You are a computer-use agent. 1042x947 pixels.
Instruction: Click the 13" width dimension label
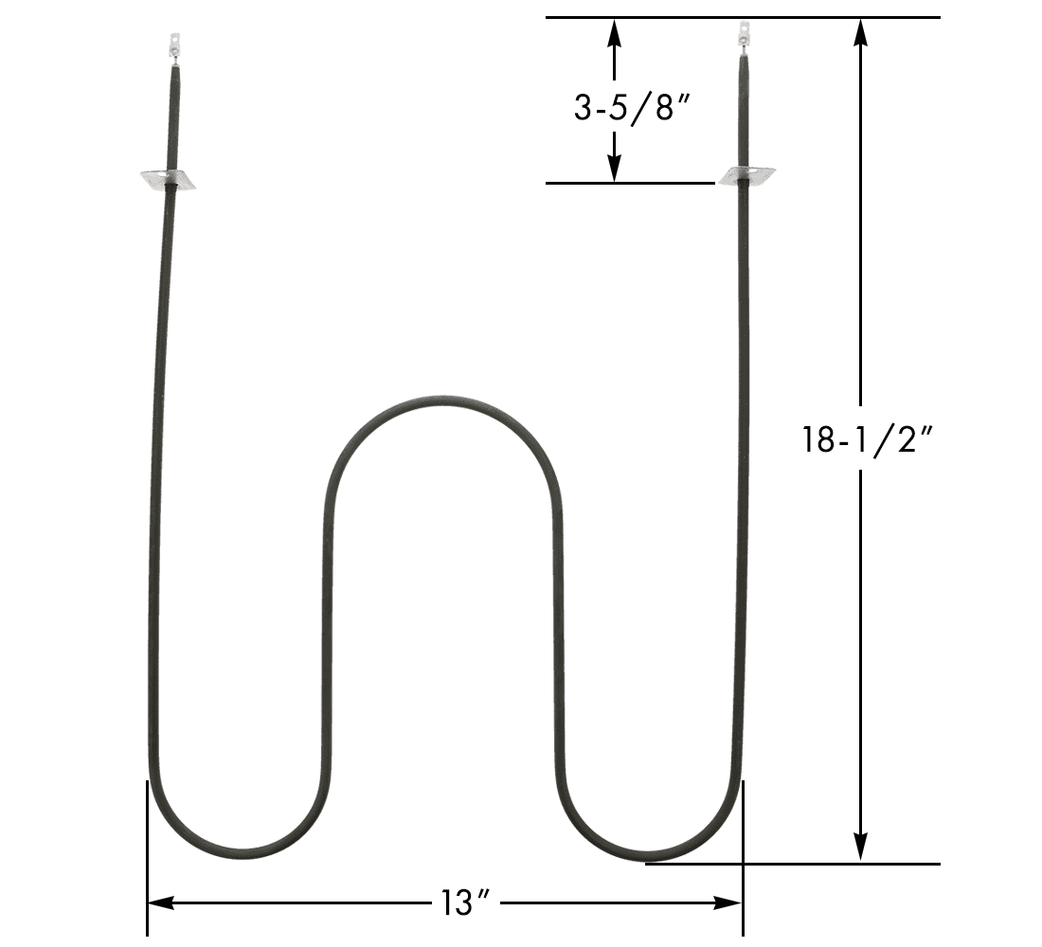coord(465,902)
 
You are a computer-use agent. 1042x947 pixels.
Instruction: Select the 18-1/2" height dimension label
coord(868,439)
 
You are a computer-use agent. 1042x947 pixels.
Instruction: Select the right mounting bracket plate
coord(747,176)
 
